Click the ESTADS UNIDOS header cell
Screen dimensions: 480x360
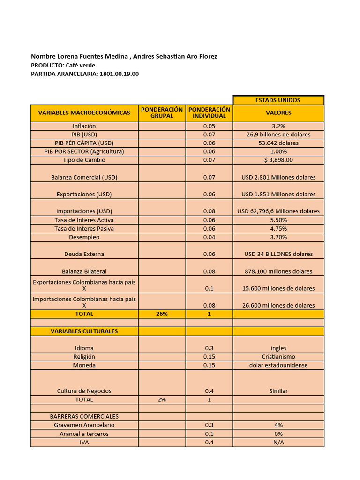[278, 100]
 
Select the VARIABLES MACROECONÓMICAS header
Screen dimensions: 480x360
[84, 113]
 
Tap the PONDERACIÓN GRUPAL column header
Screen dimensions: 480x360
[162, 113]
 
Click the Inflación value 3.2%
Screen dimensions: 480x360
[278, 126]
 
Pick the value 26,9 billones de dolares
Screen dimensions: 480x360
[278, 135]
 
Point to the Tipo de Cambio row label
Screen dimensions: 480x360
[84, 160]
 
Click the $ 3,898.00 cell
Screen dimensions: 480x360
[278, 160]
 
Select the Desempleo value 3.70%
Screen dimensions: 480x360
[278, 237]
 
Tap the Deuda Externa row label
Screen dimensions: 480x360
[84, 254]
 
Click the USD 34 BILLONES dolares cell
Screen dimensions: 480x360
[278, 254]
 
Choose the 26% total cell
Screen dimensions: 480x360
[162, 314]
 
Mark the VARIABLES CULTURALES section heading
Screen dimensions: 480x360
[84, 331]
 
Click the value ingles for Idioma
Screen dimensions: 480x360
[278, 348]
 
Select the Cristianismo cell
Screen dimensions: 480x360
[278, 357]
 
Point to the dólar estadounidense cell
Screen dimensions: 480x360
[278, 365]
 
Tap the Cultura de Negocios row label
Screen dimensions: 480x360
[84, 391]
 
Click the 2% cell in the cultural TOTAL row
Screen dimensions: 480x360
[162, 400]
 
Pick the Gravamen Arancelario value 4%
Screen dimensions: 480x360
[278, 425]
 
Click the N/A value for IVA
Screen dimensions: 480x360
[278, 442]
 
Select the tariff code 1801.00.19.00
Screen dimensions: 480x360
[119, 74]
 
